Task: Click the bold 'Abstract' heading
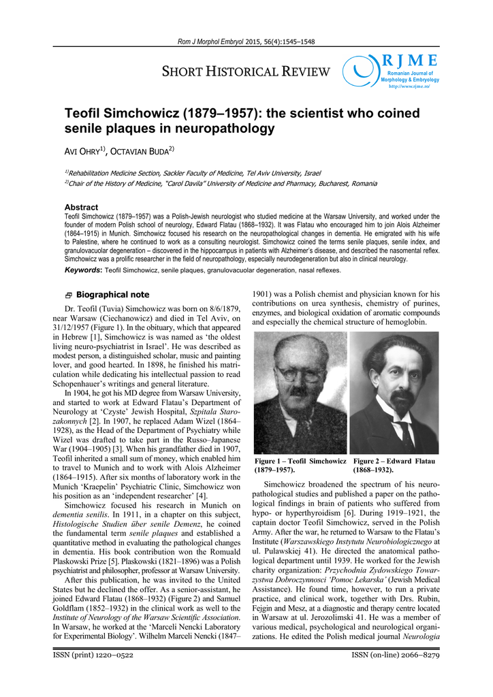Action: tap(81, 207)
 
